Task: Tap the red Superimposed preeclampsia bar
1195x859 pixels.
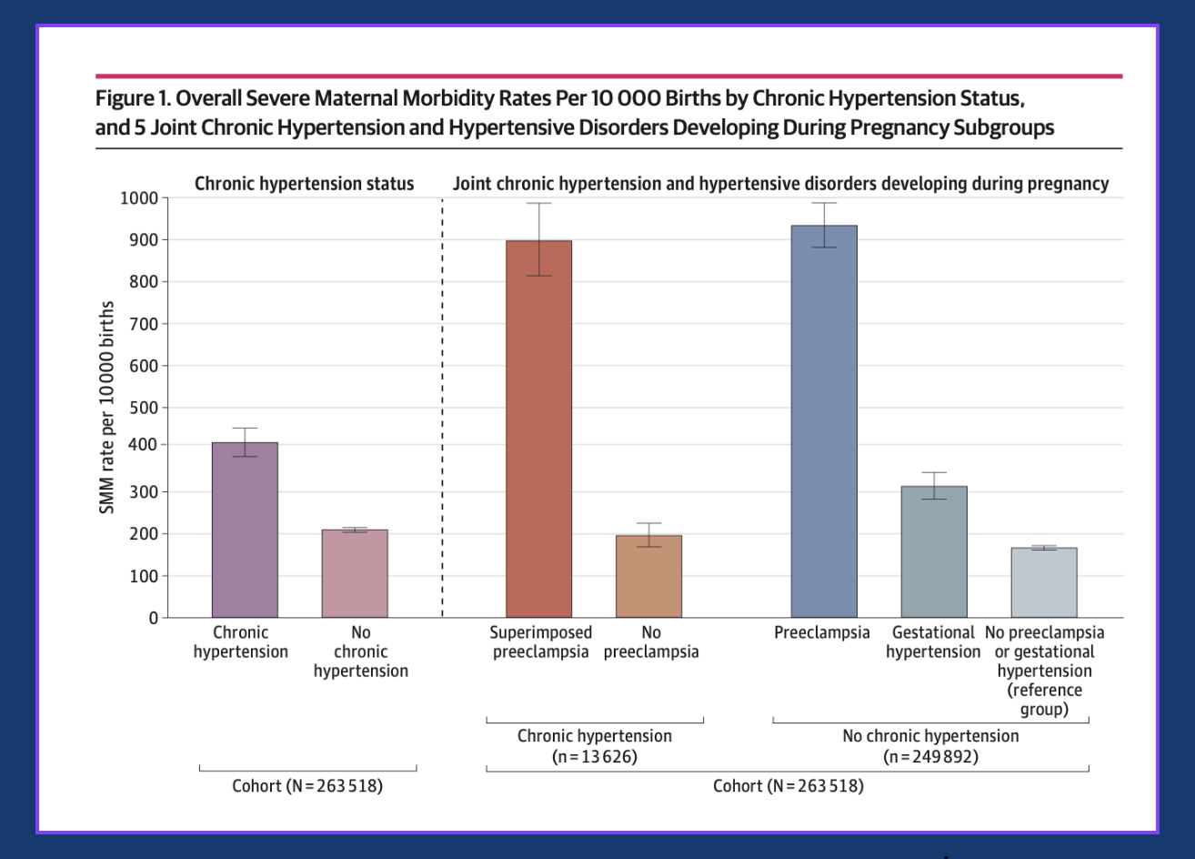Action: tap(538, 429)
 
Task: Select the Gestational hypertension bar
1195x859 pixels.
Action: tap(934, 551)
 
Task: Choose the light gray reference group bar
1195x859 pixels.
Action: tap(1044, 582)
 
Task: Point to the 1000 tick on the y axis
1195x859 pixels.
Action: tap(138, 198)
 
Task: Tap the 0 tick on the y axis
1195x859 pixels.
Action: tap(153, 618)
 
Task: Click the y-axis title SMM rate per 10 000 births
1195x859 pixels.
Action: tap(107, 408)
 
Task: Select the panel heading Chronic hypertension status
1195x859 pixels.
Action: tap(304, 184)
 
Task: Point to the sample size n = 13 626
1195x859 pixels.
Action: tap(594, 756)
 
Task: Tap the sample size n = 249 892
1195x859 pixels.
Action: tap(930, 756)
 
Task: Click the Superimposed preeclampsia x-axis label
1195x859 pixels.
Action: tap(540, 642)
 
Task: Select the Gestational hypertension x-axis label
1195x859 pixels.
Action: tap(933, 642)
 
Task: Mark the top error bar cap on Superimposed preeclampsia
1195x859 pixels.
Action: tap(538, 203)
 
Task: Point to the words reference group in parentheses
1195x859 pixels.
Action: tap(1044, 700)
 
